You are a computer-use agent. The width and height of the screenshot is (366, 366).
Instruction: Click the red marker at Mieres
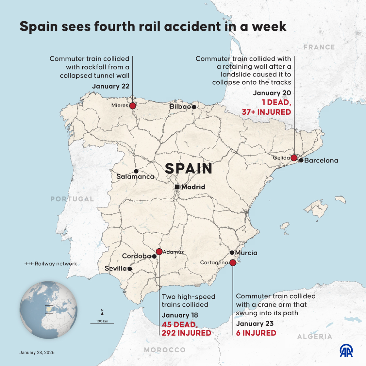click(132, 106)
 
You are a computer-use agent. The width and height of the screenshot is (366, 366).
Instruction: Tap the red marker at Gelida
click(294, 158)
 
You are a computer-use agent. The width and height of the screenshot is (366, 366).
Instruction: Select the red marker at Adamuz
click(159, 252)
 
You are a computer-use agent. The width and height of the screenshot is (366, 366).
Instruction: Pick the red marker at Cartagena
click(233, 263)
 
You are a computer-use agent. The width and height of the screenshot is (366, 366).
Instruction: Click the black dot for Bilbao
click(194, 107)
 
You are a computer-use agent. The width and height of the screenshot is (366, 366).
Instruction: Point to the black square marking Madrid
click(177, 187)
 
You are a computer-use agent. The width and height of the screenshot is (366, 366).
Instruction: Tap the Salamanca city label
click(135, 177)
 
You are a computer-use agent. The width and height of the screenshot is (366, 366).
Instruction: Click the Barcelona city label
click(321, 160)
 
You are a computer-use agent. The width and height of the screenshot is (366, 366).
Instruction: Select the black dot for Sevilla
click(130, 269)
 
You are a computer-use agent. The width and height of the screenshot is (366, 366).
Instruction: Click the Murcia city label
click(246, 253)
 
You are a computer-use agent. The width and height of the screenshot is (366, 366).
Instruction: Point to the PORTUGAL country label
click(72, 199)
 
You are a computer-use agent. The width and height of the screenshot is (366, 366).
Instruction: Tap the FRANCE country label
click(319, 47)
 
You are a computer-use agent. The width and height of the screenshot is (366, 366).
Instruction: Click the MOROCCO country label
click(165, 350)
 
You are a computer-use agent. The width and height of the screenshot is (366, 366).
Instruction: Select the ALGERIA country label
click(315, 337)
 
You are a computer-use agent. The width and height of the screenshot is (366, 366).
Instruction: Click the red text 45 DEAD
click(179, 324)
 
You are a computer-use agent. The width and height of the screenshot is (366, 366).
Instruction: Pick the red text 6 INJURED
click(256, 333)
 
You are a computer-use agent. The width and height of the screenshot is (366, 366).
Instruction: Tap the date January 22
click(111, 86)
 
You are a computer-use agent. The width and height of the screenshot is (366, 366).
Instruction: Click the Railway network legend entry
click(51, 264)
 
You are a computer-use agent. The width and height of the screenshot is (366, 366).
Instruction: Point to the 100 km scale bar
click(102, 323)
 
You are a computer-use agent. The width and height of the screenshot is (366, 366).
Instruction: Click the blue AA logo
click(346, 351)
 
